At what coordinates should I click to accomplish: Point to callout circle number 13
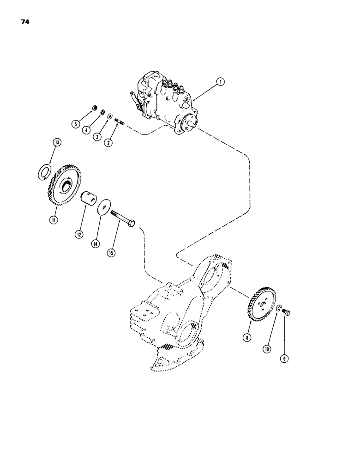point(56,144)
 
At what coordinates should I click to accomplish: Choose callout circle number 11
point(54,220)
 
